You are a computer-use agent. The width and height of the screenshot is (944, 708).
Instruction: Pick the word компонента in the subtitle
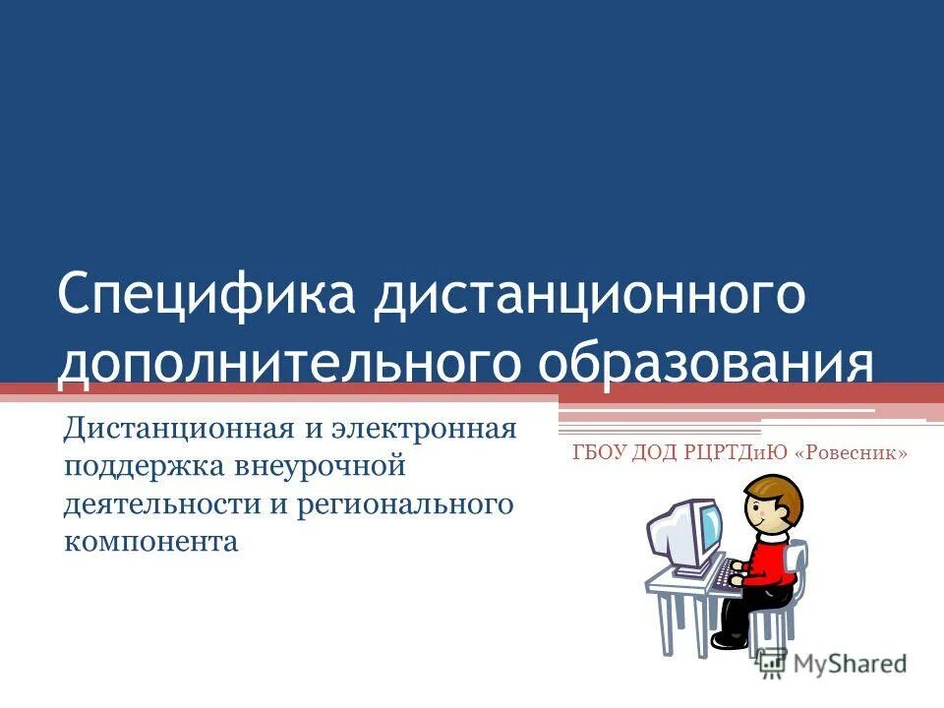click(x=151, y=542)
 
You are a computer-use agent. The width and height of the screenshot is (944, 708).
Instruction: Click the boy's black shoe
click(x=729, y=640)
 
